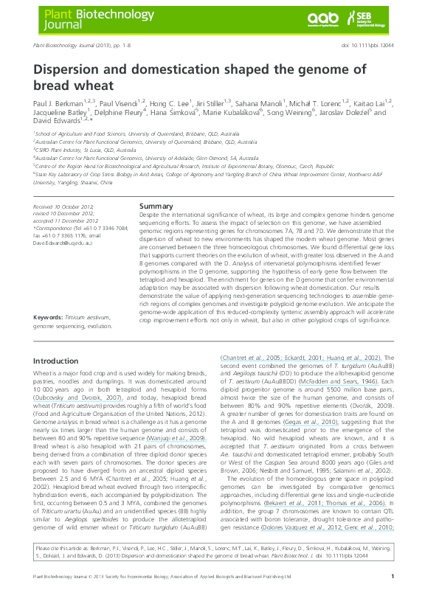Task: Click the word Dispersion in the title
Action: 75,70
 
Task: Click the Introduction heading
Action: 61,361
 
